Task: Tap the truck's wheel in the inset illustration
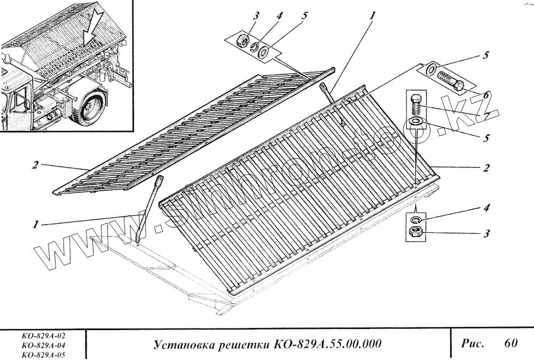pyautogui.click(x=89, y=106)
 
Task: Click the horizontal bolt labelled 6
pyautogui.click(x=450, y=80)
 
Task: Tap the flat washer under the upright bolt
pyautogui.click(x=415, y=121)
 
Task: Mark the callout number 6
pyautogui.click(x=485, y=96)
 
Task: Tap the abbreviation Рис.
pyautogui.click(x=473, y=343)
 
